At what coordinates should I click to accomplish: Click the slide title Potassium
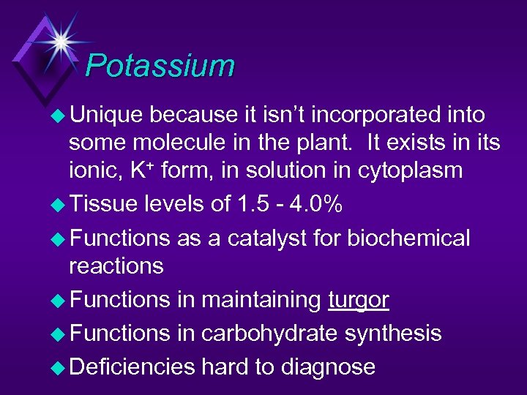(x=160, y=66)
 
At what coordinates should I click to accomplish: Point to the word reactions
(x=116, y=266)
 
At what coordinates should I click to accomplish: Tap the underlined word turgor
(x=358, y=300)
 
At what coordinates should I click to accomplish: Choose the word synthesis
(x=394, y=333)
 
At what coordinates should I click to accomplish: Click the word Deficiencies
(x=132, y=366)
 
